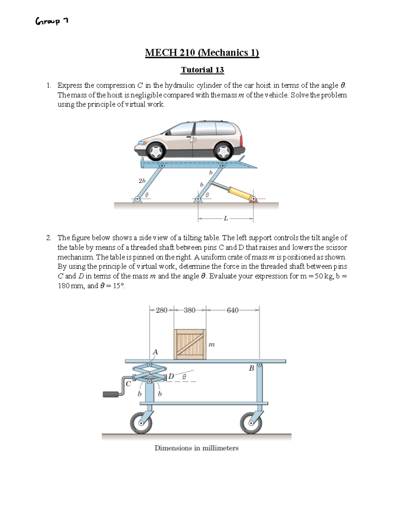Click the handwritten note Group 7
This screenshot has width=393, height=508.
tap(52, 22)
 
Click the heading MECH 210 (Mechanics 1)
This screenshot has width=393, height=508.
tap(202, 53)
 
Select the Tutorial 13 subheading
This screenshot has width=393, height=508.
tap(202, 70)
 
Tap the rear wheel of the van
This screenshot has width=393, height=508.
tap(224, 150)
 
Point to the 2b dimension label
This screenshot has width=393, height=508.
tap(142, 181)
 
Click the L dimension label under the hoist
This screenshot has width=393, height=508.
tap(226, 219)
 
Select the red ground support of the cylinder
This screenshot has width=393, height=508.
tap(254, 200)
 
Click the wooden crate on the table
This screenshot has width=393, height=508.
tap(190, 344)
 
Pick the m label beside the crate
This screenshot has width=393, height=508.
tap(212, 344)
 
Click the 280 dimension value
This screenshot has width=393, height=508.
tap(161, 310)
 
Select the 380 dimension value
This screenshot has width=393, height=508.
tap(190, 310)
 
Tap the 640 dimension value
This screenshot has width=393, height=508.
tap(233, 310)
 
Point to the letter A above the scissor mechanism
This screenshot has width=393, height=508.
tap(155, 352)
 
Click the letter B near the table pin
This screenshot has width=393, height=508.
tap(252, 368)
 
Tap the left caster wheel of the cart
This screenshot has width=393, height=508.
tap(141, 423)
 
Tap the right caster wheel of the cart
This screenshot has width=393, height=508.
tap(251, 423)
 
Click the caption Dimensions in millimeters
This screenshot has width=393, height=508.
tap(196, 448)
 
